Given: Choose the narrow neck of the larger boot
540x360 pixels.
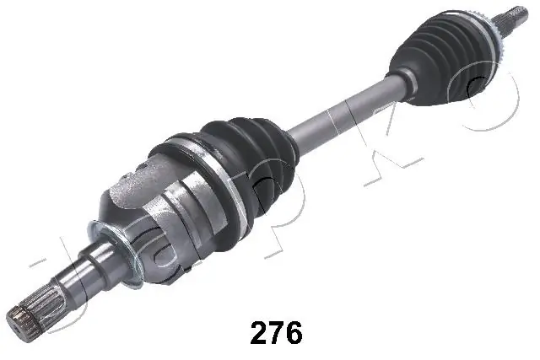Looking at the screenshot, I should [287, 140].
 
